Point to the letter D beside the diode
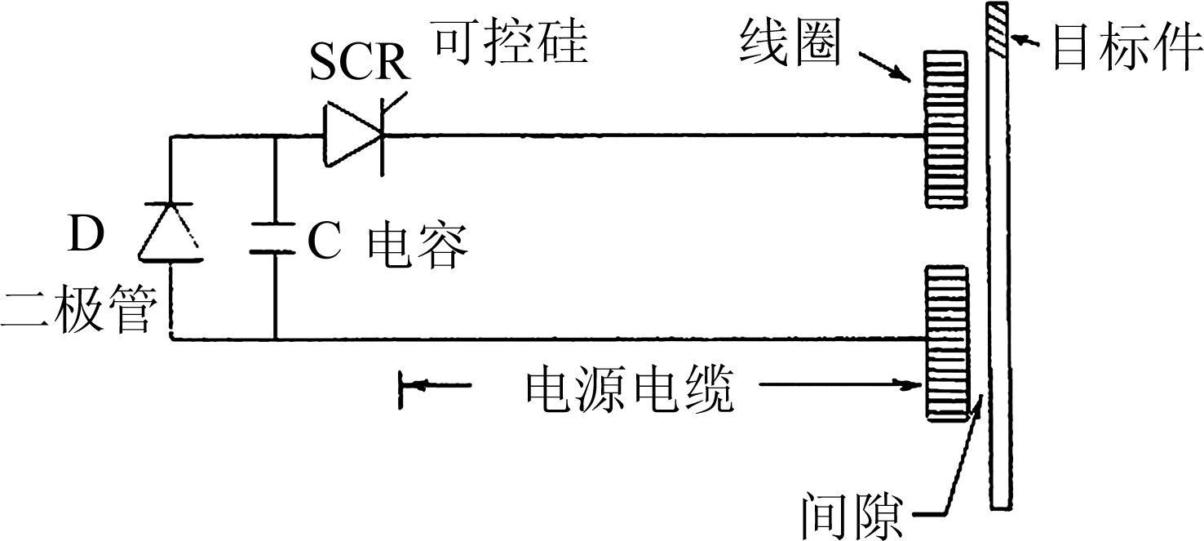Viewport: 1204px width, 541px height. (86, 233)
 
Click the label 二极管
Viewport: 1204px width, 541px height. (77, 310)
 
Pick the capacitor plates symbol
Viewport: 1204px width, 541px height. (275, 237)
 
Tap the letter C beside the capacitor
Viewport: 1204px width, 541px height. (324, 243)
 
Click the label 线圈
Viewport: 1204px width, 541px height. (790, 45)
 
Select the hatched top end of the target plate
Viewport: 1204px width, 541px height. (997, 30)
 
